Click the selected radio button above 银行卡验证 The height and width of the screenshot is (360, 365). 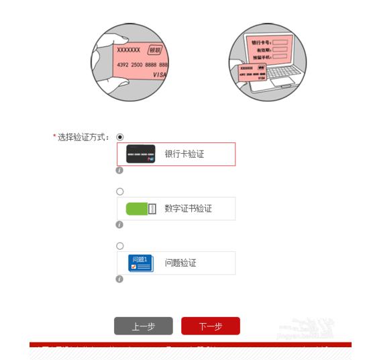[x=120, y=137]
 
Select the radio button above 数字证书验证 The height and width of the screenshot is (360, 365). [x=120, y=191]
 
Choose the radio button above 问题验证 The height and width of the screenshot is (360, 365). [x=120, y=246]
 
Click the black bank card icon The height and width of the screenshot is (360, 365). [x=141, y=154]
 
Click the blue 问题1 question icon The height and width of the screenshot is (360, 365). [x=141, y=263]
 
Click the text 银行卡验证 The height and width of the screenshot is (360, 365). [x=185, y=154]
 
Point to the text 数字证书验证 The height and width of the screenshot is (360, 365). [x=189, y=209]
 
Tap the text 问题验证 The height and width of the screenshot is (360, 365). [x=180, y=263]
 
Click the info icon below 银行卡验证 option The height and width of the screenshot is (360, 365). [x=120, y=171]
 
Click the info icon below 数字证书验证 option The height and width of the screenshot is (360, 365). [x=120, y=225]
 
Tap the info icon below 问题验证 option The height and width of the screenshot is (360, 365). [x=120, y=279]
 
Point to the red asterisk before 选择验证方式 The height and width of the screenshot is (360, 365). [x=54, y=137]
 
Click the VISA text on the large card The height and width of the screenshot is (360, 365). [x=159, y=75]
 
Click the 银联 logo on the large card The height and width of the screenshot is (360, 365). [x=155, y=50]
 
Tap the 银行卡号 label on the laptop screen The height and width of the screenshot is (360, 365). [x=259, y=42]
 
